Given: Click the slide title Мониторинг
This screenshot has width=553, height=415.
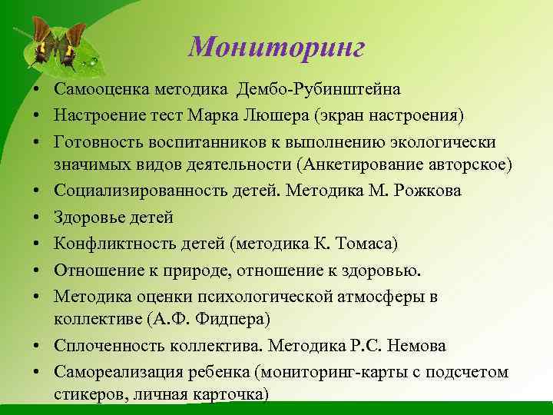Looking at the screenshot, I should click(x=276, y=48).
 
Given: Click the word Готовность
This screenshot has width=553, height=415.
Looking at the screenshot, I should click(x=99, y=143).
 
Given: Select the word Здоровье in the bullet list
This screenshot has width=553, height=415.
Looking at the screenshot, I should click(x=88, y=217).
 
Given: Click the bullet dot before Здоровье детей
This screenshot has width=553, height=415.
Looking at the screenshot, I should click(x=37, y=217).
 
